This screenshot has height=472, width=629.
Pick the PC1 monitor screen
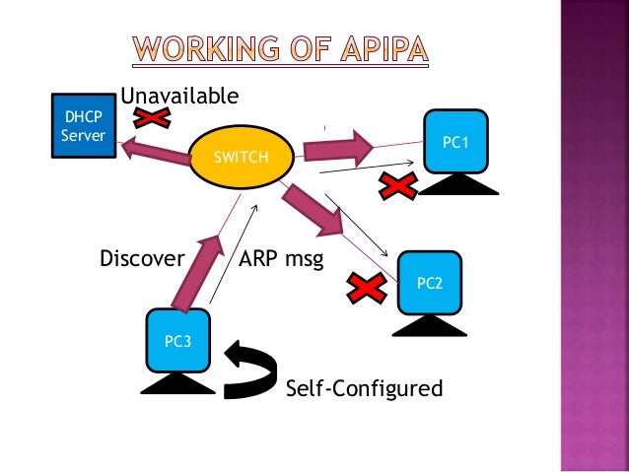tap(454, 143)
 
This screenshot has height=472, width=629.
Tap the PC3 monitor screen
tap(178, 341)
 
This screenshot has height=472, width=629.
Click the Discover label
tap(142, 259)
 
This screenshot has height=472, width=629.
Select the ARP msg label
tap(282, 259)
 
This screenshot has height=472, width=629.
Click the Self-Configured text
tap(364, 388)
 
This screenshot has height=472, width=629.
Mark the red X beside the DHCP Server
tap(153, 118)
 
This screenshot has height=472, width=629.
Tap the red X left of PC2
tap(365, 289)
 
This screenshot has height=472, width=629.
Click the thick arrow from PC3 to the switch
tap(195, 270)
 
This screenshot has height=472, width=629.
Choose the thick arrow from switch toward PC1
tap(337, 150)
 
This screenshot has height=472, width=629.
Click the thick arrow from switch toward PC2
tap(314, 211)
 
